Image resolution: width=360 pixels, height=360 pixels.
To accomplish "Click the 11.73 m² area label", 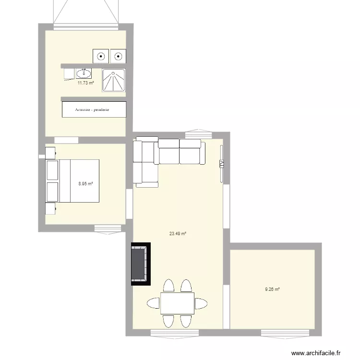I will point(85,83).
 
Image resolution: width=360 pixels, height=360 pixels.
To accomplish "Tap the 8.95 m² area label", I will point(86,183).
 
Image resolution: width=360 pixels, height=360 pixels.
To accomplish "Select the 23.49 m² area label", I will point(177,234).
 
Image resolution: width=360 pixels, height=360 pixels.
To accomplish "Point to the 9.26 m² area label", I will point(272,289).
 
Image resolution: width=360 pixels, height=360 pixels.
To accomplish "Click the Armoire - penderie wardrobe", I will point(94,109).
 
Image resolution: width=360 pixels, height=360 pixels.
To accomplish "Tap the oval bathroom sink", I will point(84,73).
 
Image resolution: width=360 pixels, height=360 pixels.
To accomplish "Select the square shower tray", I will point(114,80).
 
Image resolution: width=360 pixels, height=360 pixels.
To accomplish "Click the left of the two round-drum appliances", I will point(101,57).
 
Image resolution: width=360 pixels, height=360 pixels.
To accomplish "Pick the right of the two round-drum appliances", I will point(118,57).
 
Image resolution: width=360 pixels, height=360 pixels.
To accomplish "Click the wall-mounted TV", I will point(221,164).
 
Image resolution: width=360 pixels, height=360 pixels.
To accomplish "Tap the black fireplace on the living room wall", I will point(140,264).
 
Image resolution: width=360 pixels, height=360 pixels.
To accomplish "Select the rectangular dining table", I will point(177,303).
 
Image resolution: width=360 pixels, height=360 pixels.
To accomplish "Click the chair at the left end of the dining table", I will point(153,303).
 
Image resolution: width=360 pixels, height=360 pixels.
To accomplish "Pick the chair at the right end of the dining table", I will point(201,303).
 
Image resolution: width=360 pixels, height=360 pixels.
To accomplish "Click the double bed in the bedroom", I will point(72,181).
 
